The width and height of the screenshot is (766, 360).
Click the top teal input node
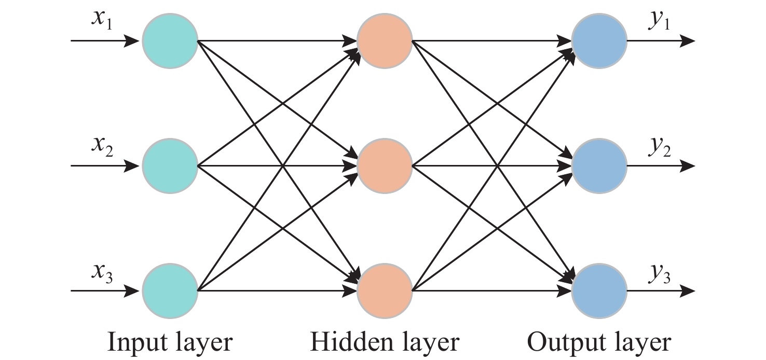pyautogui.click(x=170, y=40)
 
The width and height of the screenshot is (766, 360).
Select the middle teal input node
pyautogui.click(x=170, y=165)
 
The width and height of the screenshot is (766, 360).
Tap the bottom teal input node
pyautogui.click(x=170, y=290)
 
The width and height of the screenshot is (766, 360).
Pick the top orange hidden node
pyautogui.click(x=385, y=40)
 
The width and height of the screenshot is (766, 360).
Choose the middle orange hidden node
pyautogui.click(x=385, y=165)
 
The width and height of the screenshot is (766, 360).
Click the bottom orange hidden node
pyautogui.click(x=385, y=290)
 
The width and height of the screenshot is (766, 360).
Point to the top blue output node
pyautogui.click(x=599, y=40)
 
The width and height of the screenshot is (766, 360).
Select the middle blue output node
pyautogui.click(x=599, y=165)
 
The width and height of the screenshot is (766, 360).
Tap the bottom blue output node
pyautogui.click(x=599, y=290)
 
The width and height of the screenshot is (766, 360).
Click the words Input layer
pyautogui.click(x=169, y=343)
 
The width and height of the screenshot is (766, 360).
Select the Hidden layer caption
pyautogui.click(x=385, y=343)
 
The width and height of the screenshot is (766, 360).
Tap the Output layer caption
pyautogui.click(x=599, y=343)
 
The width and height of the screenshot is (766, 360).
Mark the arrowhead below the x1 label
pyautogui.click(x=132, y=40)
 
